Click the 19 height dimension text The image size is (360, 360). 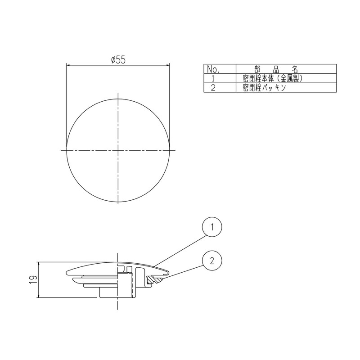point(33,279)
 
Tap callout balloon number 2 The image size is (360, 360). point(212,260)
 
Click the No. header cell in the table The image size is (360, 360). point(212,69)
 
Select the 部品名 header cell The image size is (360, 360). point(275,69)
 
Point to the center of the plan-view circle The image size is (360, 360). point(118,149)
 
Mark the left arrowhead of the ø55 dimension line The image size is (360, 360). point(69,65)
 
